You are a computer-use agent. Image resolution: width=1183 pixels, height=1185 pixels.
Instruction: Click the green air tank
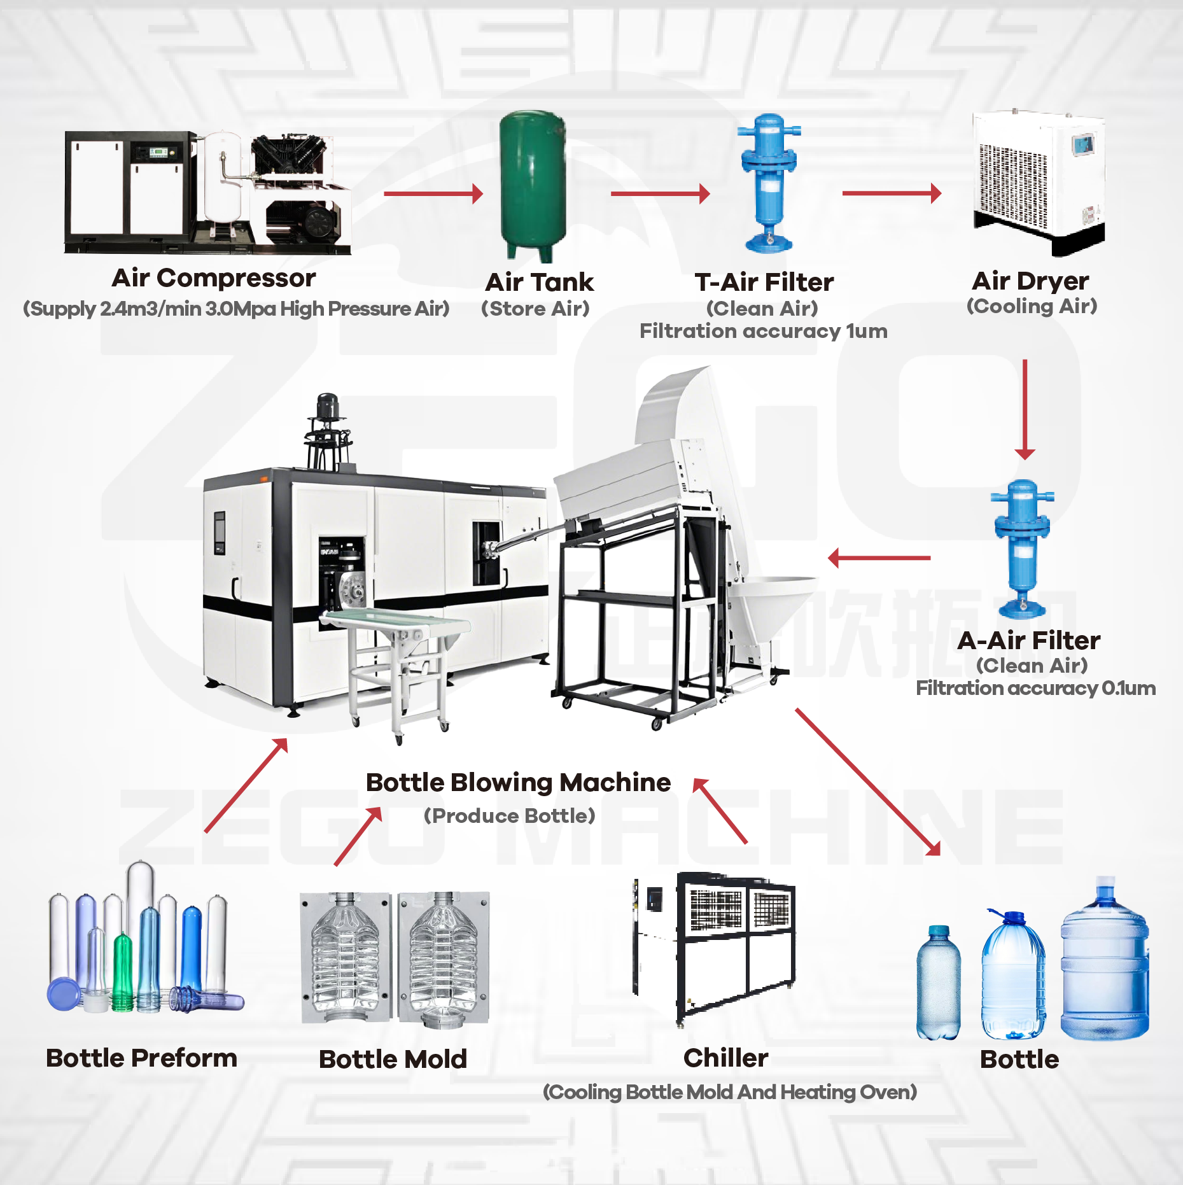click(x=533, y=185)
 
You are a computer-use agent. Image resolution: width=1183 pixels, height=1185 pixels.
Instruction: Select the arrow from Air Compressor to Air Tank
click(x=433, y=193)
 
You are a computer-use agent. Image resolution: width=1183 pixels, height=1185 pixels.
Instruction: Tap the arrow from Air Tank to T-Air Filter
click(x=659, y=193)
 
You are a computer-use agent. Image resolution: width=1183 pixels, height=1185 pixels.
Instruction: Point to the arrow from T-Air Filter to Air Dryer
click(x=891, y=193)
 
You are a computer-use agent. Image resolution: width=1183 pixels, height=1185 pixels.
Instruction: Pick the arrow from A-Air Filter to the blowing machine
click(x=879, y=558)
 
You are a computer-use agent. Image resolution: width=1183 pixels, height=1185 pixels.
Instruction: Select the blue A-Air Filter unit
click(x=1022, y=547)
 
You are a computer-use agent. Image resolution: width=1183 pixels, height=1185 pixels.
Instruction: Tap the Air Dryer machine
click(x=1039, y=181)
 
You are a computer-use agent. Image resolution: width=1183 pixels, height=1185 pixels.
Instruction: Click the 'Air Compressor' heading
click(x=214, y=278)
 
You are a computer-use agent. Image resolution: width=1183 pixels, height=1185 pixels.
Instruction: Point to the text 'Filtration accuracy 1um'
click(x=763, y=331)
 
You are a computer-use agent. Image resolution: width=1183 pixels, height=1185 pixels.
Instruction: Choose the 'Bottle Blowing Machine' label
click(x=518, y=782)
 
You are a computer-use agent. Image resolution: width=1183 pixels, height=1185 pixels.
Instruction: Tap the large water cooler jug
click(x=1104, y=961)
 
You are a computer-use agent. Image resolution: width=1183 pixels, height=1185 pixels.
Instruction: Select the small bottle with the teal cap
click(x=938, y=983)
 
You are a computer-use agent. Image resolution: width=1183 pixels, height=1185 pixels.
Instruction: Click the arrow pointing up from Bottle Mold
click(x=358, y=836)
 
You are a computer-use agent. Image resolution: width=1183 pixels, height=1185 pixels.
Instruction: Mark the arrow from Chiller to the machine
click(x=720, y=811)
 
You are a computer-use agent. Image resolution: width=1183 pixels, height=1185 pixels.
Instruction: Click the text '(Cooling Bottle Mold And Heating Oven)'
click(x=729, y=1092)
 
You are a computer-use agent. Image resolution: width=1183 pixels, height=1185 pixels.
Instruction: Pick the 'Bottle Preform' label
click(x=141, y=1058)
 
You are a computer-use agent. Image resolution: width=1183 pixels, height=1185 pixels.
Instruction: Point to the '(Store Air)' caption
click(x=535, y=309)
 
